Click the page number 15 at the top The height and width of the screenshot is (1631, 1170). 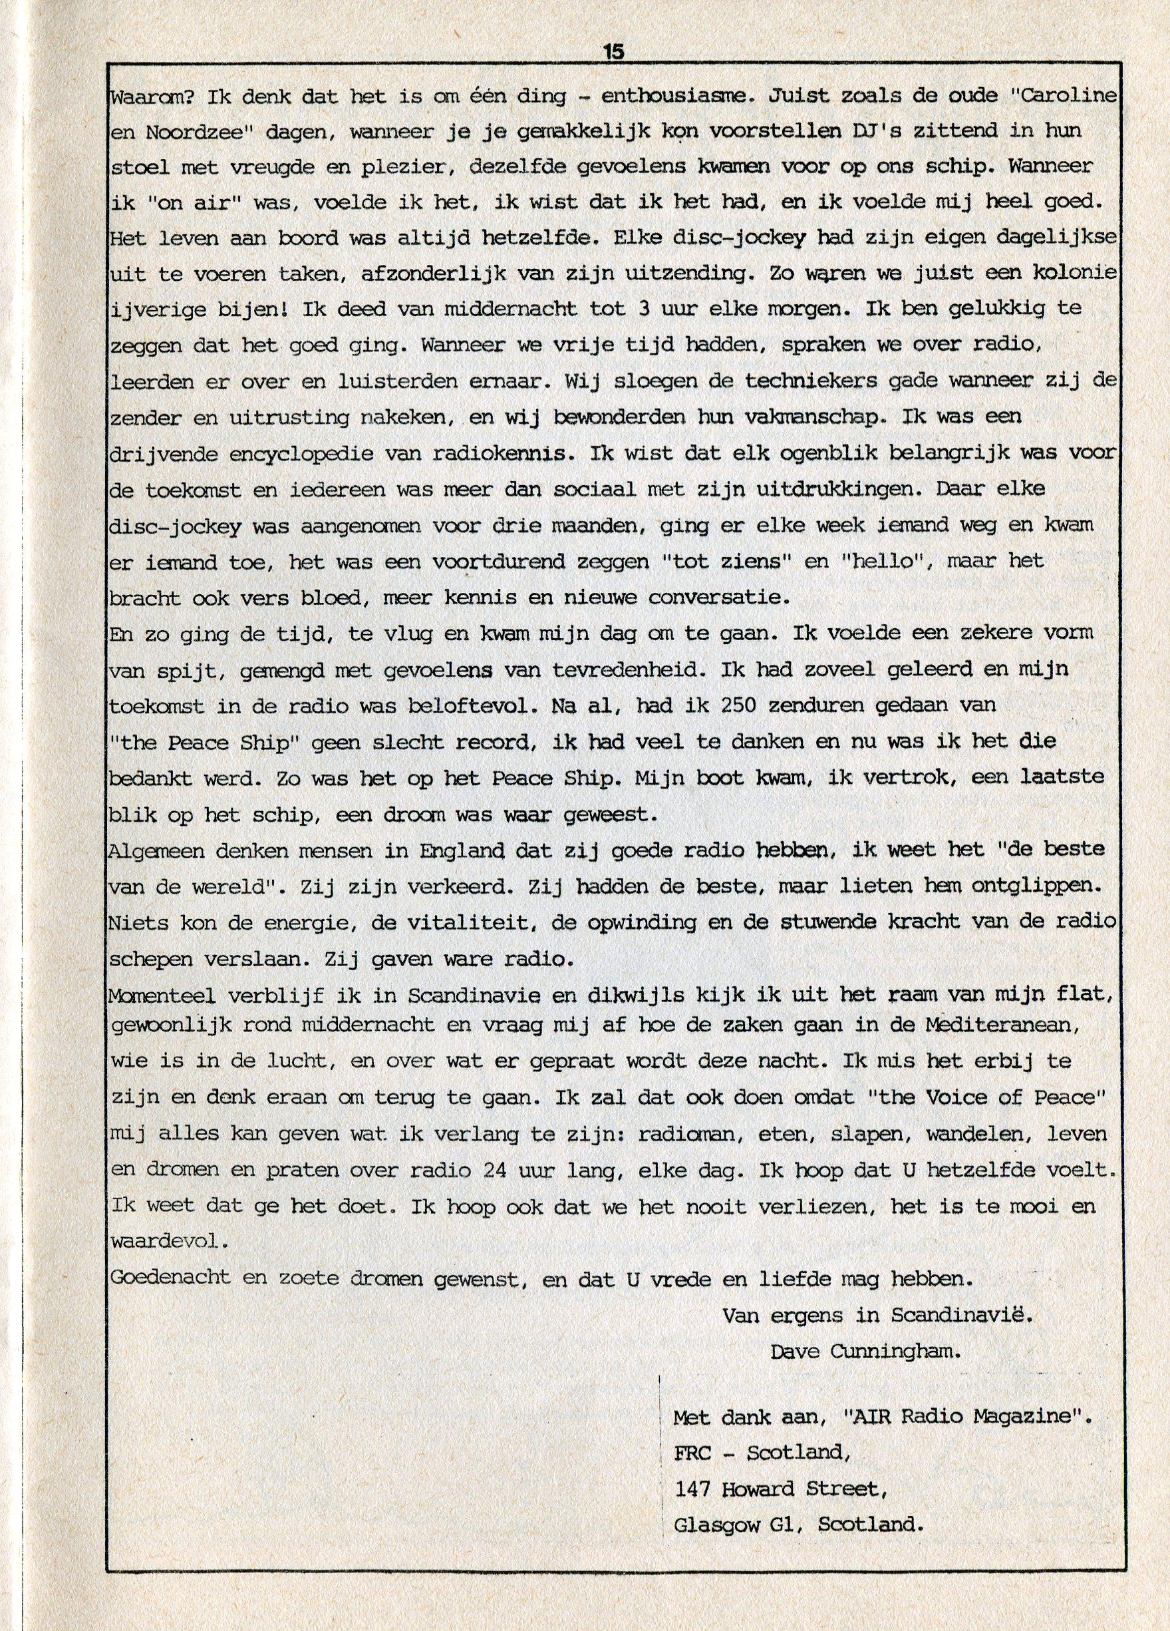click(x=614, y=53)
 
